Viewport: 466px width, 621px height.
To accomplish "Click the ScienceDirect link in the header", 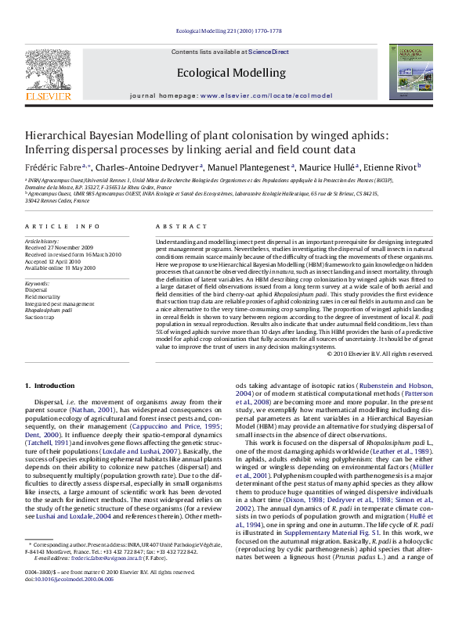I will click(x=269, y=51).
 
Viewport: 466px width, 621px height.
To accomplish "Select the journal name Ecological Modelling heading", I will click(x=231, y=73).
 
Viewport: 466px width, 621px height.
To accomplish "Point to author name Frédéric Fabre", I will click(x=56, y=167).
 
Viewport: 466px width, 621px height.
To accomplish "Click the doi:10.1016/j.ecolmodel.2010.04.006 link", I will click(x=69, y=601).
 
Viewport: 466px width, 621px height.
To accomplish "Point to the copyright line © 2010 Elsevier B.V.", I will click(x=379, y=354).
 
